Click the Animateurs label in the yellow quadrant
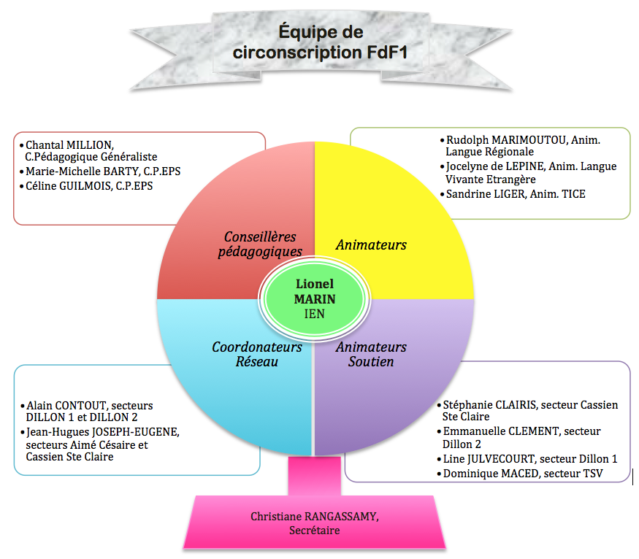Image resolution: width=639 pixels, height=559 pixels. [x=371, y=245]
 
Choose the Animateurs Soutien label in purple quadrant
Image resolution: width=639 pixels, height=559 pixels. [x=371, y=354]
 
